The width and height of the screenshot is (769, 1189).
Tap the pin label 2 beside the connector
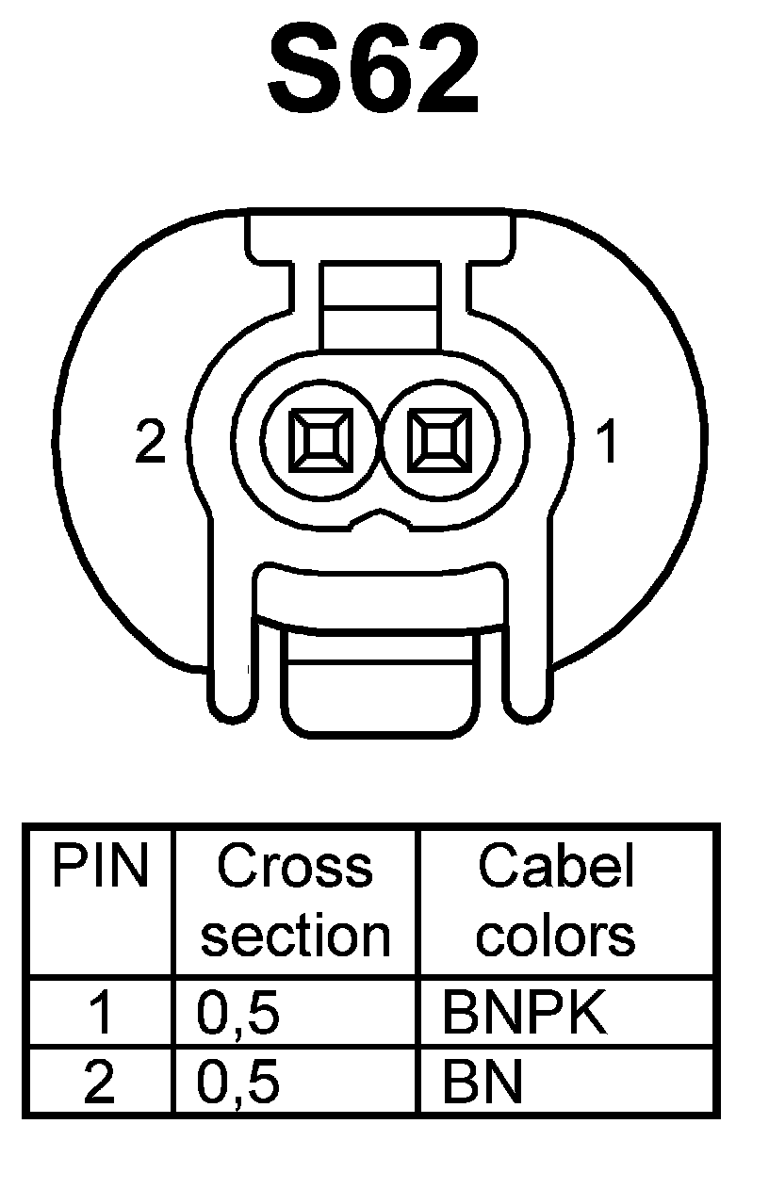point(151,441)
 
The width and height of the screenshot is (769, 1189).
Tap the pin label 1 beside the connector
point(609,442)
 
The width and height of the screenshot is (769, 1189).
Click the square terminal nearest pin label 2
point(321,440)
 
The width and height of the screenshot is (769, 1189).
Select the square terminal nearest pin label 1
point(438,440)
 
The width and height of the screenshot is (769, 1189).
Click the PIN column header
point(100,867)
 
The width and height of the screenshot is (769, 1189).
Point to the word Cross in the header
point(295,867)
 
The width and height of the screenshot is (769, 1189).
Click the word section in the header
point(296,936)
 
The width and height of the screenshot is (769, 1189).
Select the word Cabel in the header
point(555,867)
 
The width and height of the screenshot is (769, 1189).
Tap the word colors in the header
point(555,936)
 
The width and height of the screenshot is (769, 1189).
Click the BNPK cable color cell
point(524,1014)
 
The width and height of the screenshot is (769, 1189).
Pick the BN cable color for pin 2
point(482,1083)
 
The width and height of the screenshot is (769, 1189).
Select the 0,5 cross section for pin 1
point(237,1014)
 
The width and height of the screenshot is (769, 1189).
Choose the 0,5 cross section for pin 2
point(237,1083)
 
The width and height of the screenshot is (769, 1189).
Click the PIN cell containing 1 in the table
point(100,1014)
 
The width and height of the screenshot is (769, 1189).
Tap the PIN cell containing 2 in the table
point(100,1083)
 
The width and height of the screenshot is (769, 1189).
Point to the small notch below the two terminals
point(379,516)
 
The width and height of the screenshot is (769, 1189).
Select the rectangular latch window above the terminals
point(380,308)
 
